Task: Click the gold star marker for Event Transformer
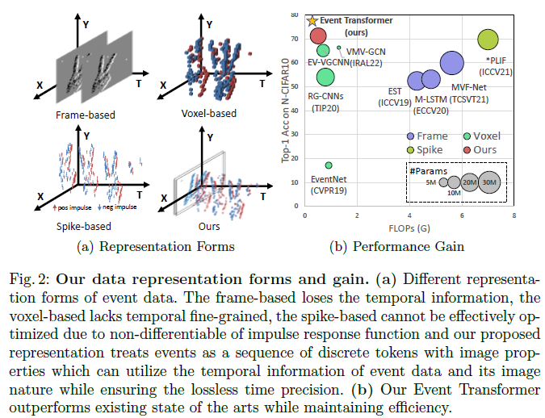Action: [x=312, y=21]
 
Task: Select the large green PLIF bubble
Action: [x=488, y=39]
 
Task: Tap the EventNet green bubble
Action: [x=329, y=165]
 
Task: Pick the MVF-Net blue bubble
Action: [x=451, y=63]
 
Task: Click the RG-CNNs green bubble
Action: [x=325, y=77]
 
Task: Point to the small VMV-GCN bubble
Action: [x=339, y=48]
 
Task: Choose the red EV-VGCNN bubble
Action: [x=318, y=36]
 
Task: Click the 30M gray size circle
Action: [x=488, y=182]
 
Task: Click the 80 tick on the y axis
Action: [x=296, y=15]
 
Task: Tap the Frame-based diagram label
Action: [x=85, y=115]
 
